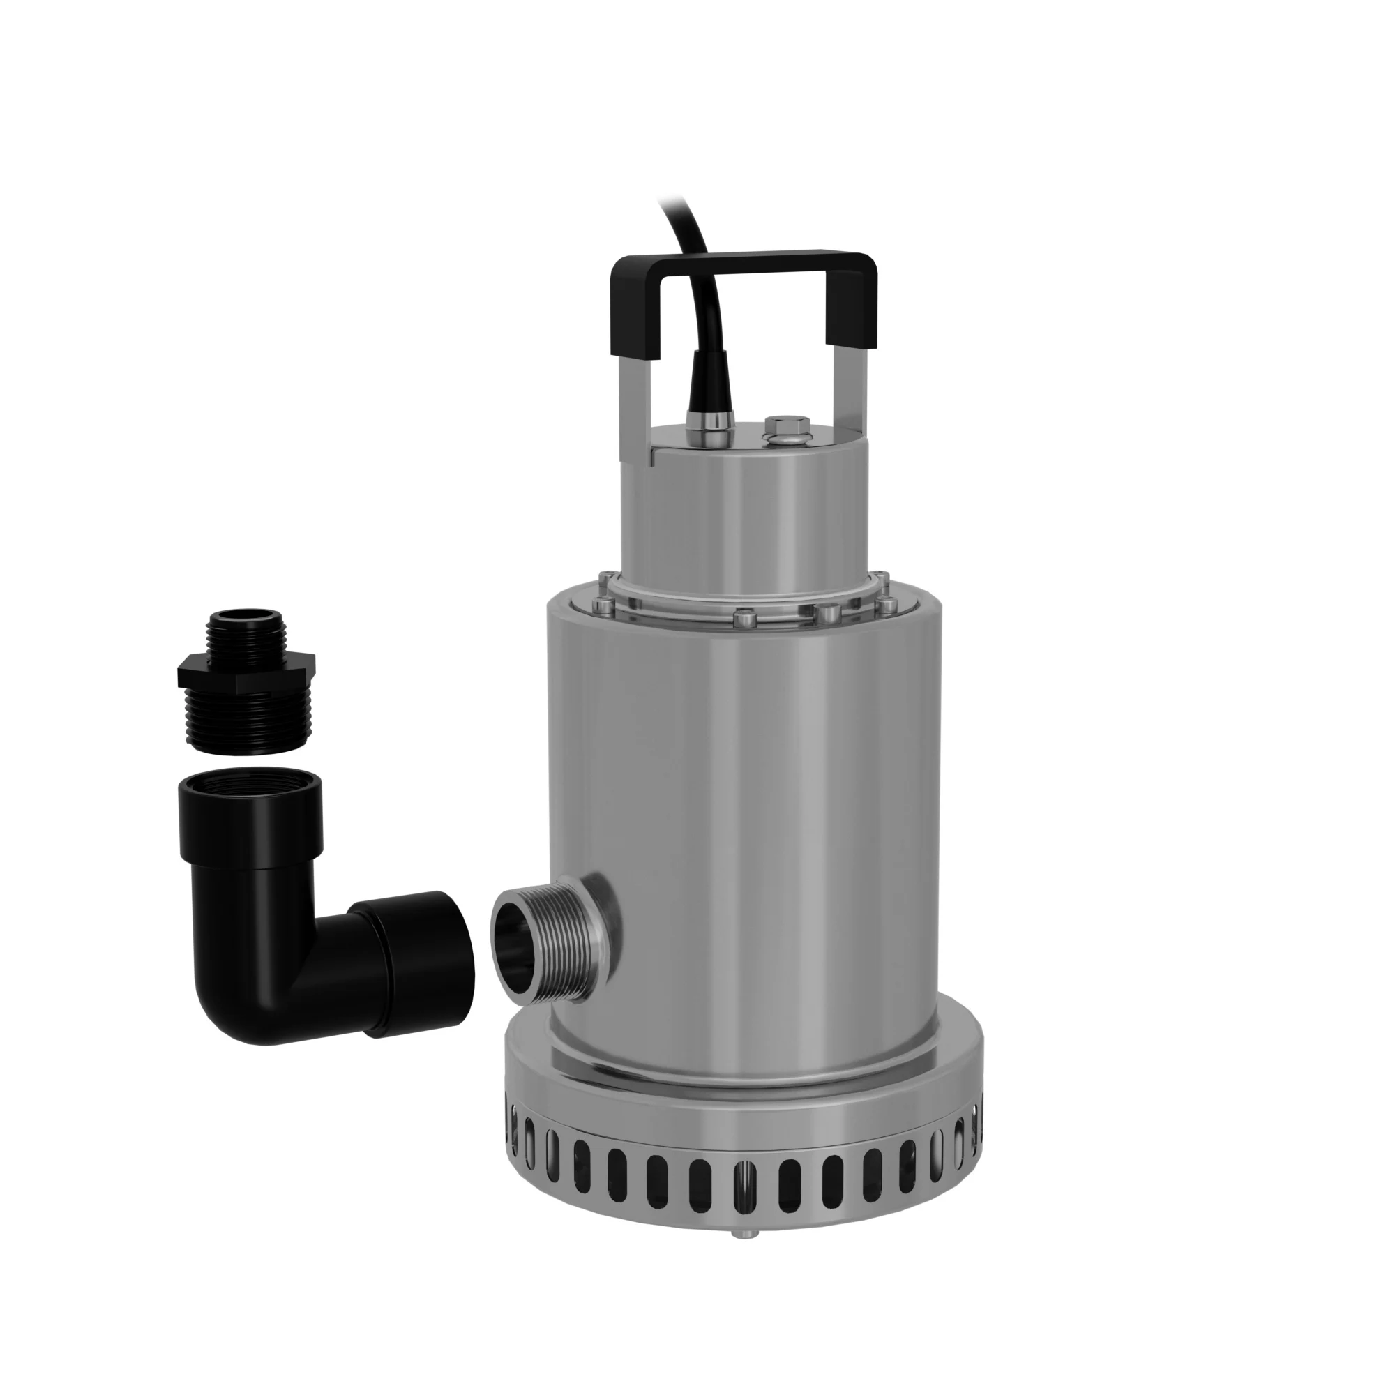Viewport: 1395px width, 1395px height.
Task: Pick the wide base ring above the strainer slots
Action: [744, 1083]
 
